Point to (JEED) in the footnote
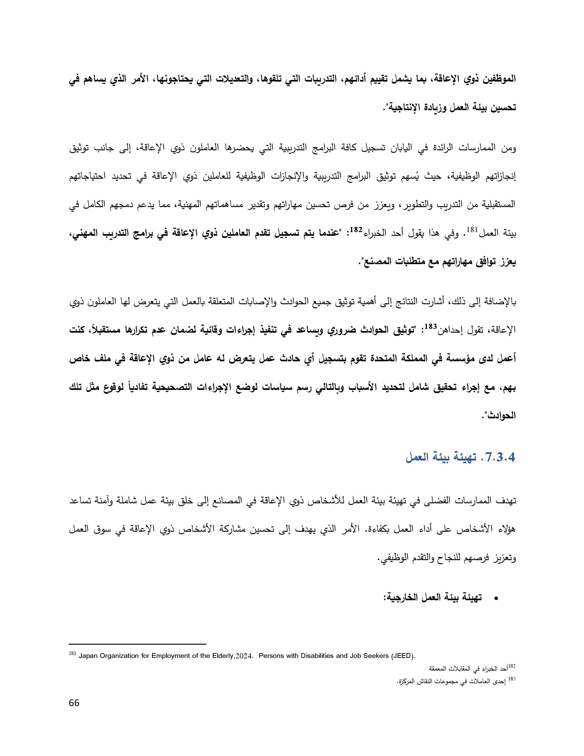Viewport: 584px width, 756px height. [402, 656]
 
